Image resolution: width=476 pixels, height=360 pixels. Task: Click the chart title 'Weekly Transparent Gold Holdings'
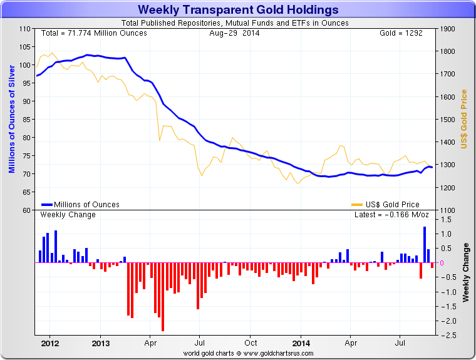tap(238, 10)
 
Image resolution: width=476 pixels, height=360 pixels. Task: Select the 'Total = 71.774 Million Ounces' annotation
tap(94, 33)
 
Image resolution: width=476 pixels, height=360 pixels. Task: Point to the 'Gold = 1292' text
tap(401, 33)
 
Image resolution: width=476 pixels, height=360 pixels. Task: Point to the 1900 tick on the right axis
tap(447, 29)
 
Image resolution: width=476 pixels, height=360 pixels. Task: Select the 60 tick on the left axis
tap(26, 210)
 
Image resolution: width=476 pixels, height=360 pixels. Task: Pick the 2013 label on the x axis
tap(101, 344)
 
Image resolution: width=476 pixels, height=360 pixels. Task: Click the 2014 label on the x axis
tap(301, 344)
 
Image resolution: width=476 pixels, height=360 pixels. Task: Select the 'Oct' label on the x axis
tap(251, 344)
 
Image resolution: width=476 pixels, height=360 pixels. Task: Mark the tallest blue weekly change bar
tap(425, 245)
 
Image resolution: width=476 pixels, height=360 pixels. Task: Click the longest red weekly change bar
tap(163, 297)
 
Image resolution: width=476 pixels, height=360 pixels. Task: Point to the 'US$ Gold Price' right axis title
tap(464, 119)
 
